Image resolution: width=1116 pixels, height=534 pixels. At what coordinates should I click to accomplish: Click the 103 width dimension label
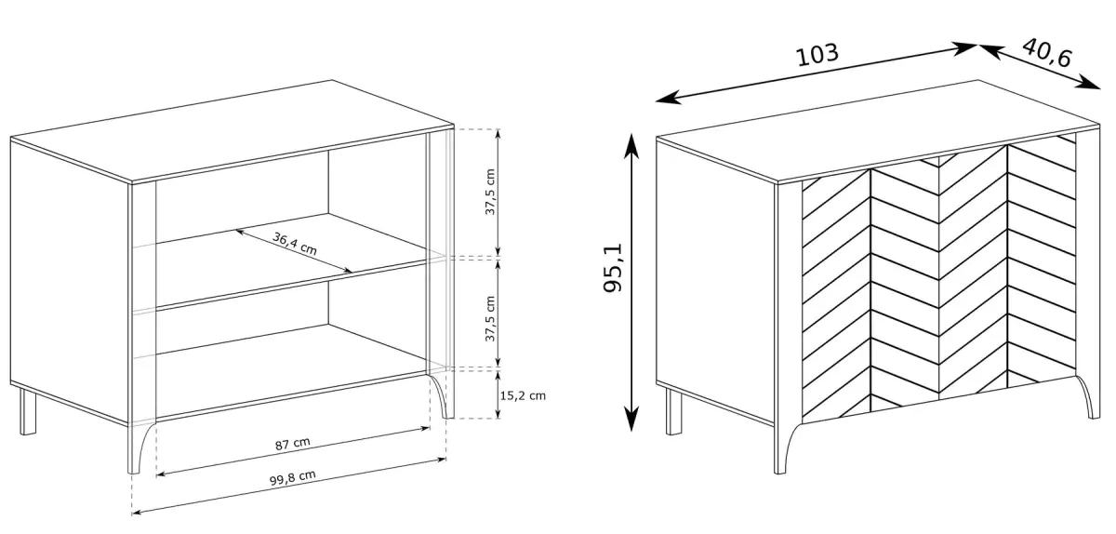(817, 54)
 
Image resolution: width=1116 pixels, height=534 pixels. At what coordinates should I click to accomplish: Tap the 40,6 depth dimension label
(1046, 53)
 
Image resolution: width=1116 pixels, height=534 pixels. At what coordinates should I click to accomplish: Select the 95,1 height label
(613, 268)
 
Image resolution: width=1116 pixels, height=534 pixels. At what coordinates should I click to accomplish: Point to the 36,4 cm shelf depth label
(295, 244)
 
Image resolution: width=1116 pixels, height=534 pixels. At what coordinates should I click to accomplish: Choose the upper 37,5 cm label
(490, 192)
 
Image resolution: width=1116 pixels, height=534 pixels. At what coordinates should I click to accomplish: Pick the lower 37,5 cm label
(490, 318)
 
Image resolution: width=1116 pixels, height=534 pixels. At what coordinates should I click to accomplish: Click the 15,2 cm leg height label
(523, 395)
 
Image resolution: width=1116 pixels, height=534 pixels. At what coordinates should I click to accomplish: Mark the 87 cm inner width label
(292, 444)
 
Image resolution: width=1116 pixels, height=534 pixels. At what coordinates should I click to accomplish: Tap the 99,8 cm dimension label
(292, 477)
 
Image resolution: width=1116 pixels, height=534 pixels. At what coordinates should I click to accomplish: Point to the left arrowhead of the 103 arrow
(667, 99)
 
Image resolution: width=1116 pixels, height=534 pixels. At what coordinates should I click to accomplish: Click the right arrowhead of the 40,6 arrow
(1090, 84)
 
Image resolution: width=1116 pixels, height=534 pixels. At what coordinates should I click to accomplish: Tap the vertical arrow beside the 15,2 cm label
(498, 394)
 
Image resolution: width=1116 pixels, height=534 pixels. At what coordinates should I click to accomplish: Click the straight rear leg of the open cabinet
(28, 412)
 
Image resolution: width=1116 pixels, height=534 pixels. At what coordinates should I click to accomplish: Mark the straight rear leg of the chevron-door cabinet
(673, 412)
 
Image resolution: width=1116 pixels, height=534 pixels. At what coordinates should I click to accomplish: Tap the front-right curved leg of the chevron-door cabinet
(1090, 396)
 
